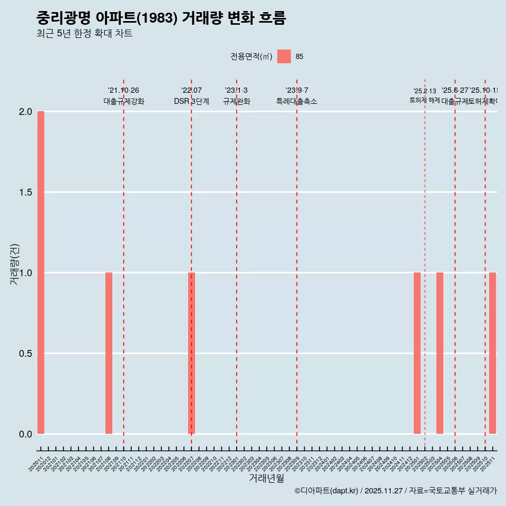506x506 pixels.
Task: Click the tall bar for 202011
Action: [41, 273]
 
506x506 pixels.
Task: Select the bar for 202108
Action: [109, 353]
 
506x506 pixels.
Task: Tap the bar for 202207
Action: [192, 353]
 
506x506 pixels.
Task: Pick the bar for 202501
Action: [417, 353]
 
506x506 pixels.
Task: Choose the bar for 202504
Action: [440, 353]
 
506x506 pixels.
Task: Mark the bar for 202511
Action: [492, 353]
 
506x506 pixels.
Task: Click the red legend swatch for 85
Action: [284, 56]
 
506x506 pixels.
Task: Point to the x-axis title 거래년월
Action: [266, 479]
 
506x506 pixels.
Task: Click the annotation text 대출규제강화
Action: [124, 101]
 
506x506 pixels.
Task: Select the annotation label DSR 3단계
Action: [191, 101]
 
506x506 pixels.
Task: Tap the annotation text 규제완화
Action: [236, 101]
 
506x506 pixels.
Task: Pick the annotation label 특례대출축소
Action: [297, 101]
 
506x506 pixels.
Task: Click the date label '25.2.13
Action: [424, 91]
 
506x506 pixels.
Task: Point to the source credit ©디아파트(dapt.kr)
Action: [326, 491]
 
